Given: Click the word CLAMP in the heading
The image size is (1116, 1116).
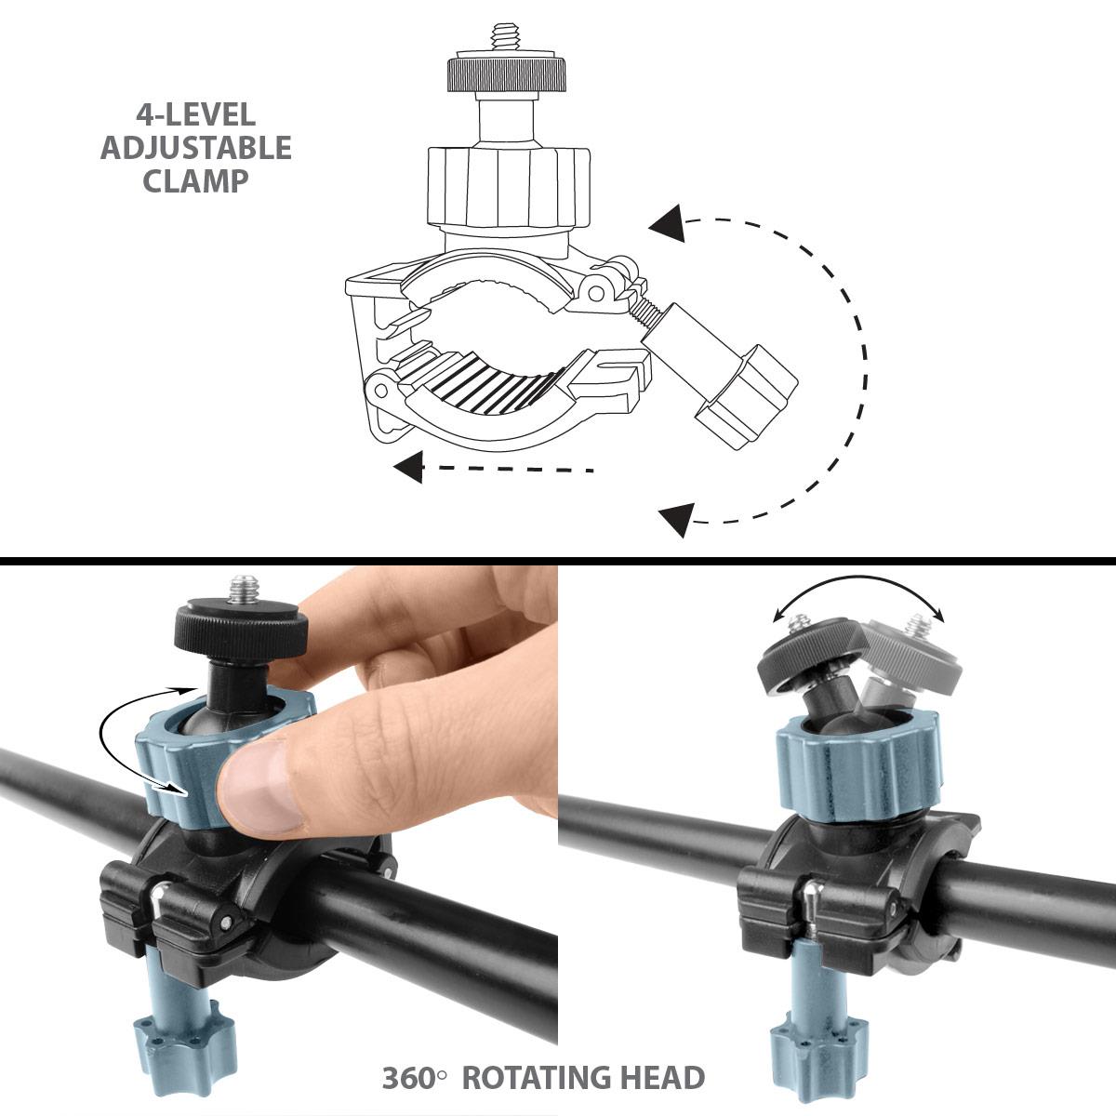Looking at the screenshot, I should coord(196,180).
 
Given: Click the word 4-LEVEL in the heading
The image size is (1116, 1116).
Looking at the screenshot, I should coord(196,115).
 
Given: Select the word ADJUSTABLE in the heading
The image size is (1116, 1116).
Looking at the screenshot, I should coord(196,148).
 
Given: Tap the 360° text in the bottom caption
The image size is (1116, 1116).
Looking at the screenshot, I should coord(415,1078).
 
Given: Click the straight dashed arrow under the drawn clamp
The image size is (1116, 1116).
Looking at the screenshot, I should coord(493,468).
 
